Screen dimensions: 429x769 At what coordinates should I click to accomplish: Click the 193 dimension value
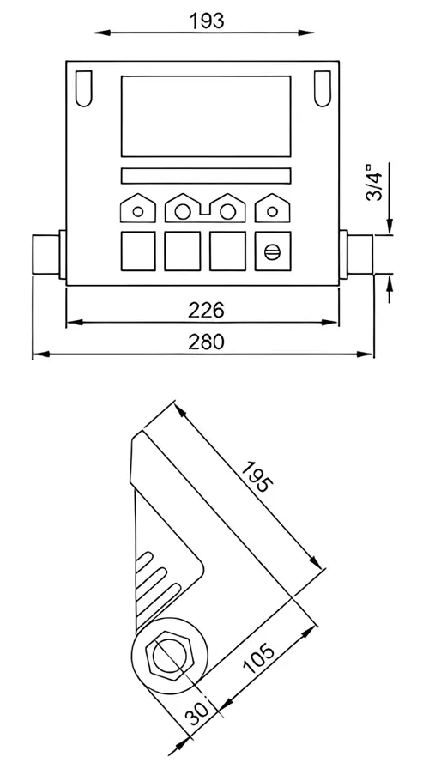pyautogui.click(x=206, y=21)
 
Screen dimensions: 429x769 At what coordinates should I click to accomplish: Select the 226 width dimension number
pyautogui.click(x=206, y=310)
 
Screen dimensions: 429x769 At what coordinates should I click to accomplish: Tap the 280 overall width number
pyautogui.click(x=206, y=342)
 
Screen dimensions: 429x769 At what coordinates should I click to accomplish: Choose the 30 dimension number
pyautogui.click(x=197, y=713)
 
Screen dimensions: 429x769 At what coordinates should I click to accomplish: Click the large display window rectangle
pyautogui.click(x=206, y=116)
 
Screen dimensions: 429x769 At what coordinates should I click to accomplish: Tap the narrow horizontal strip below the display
pyautogui.click(x=206, y=176)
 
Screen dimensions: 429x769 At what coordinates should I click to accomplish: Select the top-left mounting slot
pyautogui.click(x=84, y=88)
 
